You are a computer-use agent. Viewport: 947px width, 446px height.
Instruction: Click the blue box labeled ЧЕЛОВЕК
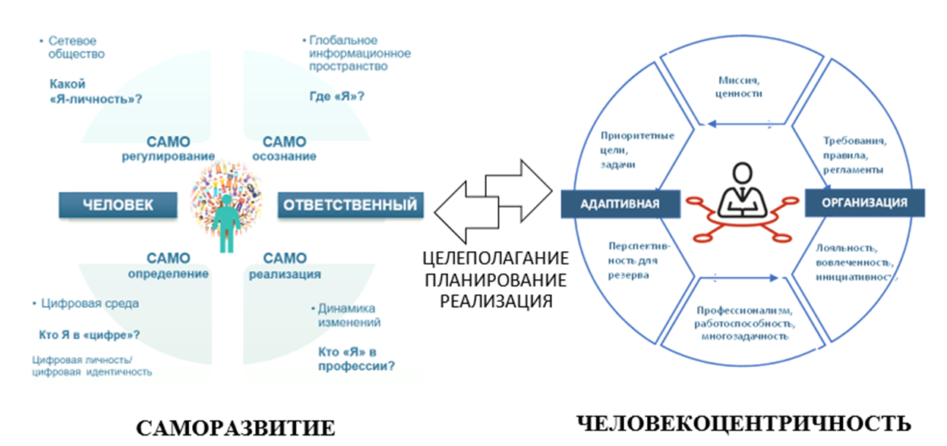click(118, 204)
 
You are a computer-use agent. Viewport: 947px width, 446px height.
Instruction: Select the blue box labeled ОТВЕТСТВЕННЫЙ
click(350, 204)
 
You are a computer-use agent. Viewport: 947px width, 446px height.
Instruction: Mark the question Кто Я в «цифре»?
click(89, 334)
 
